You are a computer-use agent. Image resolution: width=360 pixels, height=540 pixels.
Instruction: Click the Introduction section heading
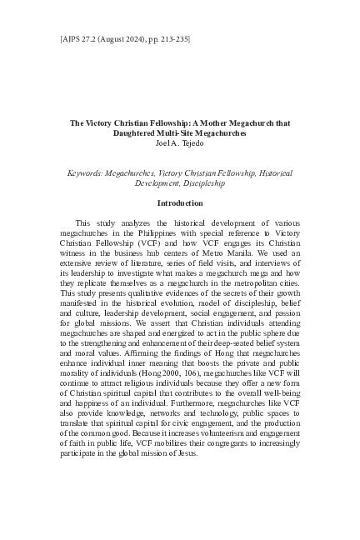[179, 202]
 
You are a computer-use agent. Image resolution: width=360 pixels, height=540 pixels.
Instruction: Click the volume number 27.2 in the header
[63, 38]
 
